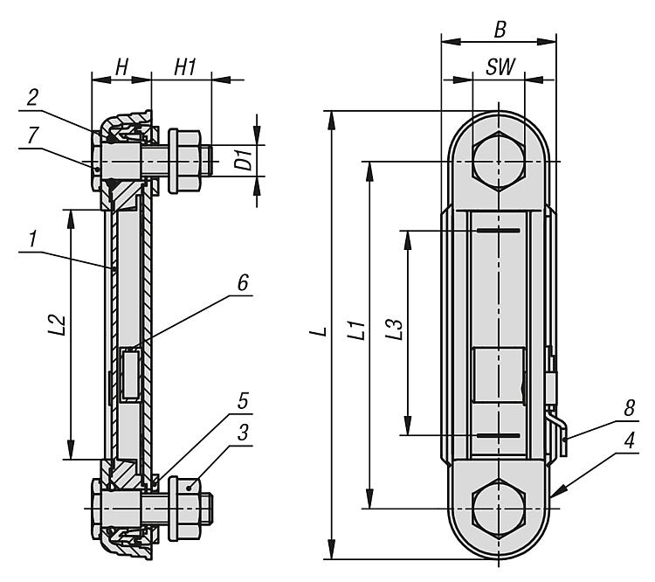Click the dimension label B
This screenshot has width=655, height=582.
pos(500,30)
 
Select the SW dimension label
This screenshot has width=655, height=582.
pos(500,67)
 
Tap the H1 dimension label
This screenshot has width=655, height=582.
pos(184,67)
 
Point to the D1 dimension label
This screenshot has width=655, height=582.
pos(244,160)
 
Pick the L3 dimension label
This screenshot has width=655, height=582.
pos(394,329)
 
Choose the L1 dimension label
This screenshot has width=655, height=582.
pos(357,329)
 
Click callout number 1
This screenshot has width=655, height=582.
pos(34,239)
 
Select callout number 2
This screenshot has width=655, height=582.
pos(32,97)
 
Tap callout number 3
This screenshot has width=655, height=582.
pos(243,433)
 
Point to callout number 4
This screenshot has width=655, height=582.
pos(630,440)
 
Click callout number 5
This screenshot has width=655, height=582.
pos(243,400)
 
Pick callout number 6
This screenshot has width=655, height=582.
pos(243,282)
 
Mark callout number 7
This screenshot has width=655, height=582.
pos(32,135)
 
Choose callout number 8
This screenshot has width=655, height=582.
pos(630,408)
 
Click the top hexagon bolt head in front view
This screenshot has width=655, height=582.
pos(499,161)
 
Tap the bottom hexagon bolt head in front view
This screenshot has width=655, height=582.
pos(499,509)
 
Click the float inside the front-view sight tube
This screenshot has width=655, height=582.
pos(498,375)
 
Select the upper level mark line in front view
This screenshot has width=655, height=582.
pos(499,231)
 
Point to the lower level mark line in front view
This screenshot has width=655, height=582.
pos(499,435)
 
